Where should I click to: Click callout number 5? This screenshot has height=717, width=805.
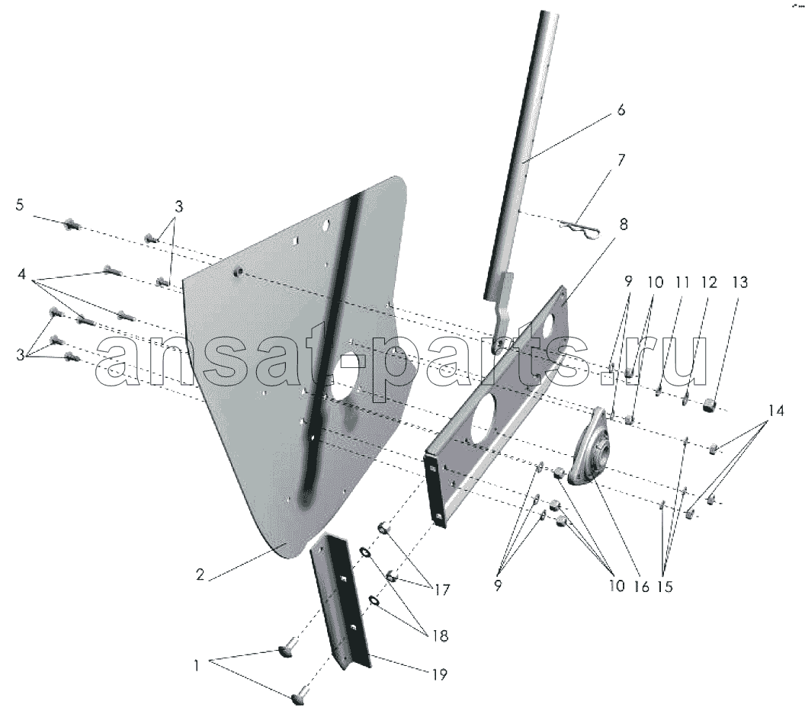[x=20, y=205]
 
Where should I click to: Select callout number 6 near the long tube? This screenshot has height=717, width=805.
[x=621, y=110]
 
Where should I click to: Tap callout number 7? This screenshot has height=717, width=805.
[x=621, y=159]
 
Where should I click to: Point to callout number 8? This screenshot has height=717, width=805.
[x=624, y=224]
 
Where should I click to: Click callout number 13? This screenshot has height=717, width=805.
[x=740, y=282]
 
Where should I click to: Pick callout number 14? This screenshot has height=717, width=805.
[x=776, y=411]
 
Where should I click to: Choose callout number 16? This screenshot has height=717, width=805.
[x=642, y=586]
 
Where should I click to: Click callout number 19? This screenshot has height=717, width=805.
[x=439, y=674]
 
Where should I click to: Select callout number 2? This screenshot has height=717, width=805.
[x=200, y=575]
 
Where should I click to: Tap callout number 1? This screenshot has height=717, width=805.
[x=196, y=666]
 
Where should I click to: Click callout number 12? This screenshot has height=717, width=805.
[x=709, y=282]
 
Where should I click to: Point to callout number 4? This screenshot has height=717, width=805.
[x=21, y=274]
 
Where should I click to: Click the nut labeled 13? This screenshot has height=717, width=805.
[x=710, y=405]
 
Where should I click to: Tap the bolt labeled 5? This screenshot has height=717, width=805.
[x=71, y=224]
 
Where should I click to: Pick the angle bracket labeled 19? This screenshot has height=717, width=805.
[x=341, y=600]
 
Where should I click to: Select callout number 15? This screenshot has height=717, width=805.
[x=664, y=586]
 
